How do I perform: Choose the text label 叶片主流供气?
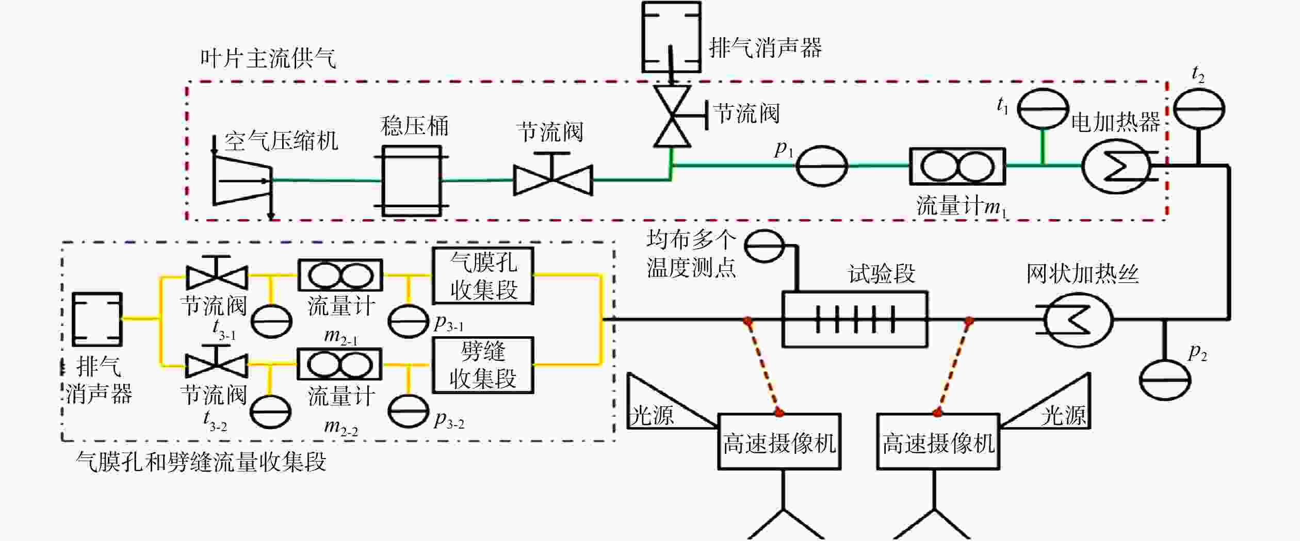(268, 58)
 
